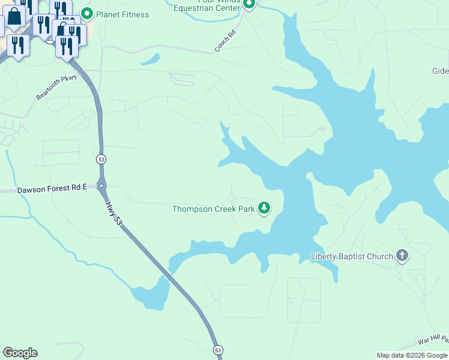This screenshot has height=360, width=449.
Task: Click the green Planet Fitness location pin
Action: (87, 14)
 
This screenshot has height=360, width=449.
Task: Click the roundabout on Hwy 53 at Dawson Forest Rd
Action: (102, 186)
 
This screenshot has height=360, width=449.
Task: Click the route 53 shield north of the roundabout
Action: (100, 159)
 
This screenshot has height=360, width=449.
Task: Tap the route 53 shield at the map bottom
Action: (217, 350)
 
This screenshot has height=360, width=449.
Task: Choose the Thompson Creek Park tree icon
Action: (264, 208)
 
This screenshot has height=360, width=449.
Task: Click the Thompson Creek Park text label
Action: (213, 209)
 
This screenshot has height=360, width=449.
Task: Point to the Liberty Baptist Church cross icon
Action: (402, 256)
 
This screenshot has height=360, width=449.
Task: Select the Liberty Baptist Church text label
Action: (351, 256)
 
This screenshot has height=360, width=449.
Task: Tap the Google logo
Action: (20, 353)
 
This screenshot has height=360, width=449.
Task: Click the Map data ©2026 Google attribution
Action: (412, 355)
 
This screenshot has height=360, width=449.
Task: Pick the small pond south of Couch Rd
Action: (150, 59)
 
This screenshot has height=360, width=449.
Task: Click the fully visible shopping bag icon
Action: (14, 17)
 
